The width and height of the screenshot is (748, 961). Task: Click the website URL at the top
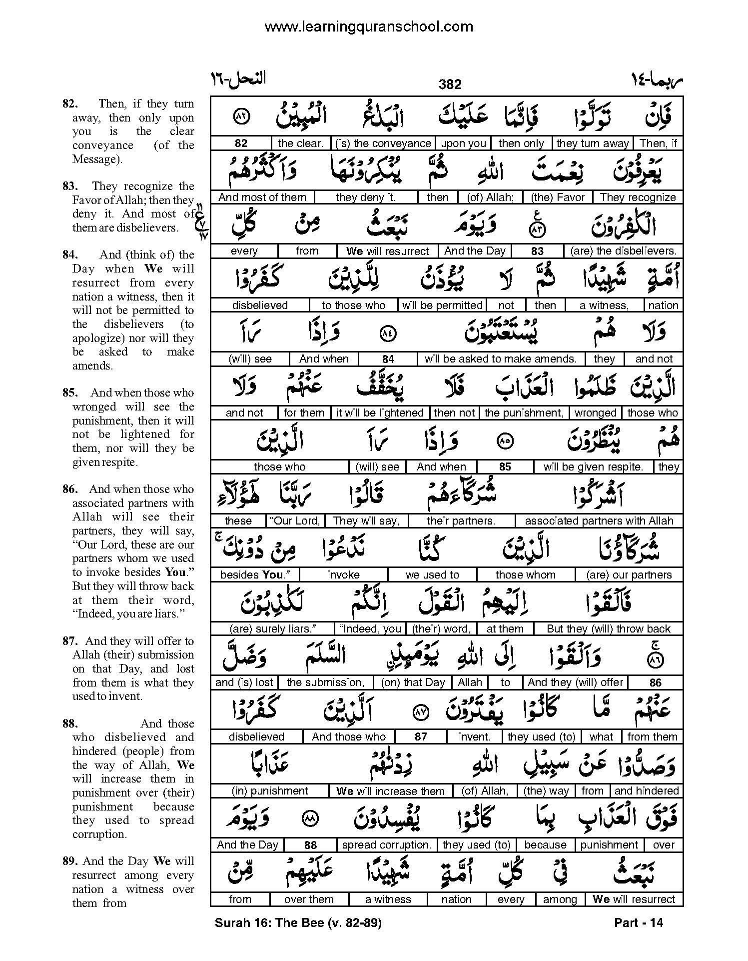[x=369, y=26]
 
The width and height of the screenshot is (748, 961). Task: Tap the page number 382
[x=450, y=84]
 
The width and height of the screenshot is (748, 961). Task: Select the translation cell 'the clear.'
[x=300, y=143]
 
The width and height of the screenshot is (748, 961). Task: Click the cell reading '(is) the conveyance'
[x=383, y=143]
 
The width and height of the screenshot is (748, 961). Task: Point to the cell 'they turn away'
[x=592, y=143]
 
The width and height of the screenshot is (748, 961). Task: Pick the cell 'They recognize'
[x=638, y=197]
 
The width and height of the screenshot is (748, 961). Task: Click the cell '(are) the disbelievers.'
[x=623, y=251]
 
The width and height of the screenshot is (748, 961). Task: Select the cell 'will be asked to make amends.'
[x=501, y=359]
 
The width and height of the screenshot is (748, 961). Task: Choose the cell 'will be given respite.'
[x=593, y=467]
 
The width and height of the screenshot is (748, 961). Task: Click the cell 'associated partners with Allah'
[x=599, y=521]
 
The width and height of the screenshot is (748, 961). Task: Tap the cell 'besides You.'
[x=255, y=575]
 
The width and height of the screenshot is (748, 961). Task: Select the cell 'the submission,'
[x=325, y=682]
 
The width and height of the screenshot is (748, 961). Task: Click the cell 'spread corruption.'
[x=386, y=845]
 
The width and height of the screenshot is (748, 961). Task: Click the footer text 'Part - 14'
[x=638, y=923]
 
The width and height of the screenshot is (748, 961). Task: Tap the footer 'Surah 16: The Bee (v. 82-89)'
[x=298, y=923]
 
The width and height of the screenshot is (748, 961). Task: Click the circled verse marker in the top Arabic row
[x=241, y=118]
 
